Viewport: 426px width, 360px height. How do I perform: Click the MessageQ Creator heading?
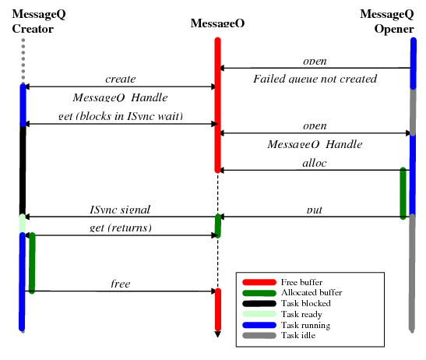pos(33,23)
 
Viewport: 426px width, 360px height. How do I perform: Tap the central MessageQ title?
pos(217,23)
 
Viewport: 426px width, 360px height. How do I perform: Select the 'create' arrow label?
pos(120,79)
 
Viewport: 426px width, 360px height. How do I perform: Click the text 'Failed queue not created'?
pos(315,79)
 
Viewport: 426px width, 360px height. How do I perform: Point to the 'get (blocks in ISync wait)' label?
pos(120,116)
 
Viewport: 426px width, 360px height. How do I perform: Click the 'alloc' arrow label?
pos(314,163)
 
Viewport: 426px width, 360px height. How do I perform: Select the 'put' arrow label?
pos(315,210)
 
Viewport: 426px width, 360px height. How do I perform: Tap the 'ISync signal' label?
pos(120,210)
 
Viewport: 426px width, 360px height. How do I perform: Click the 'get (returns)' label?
pos(120,228)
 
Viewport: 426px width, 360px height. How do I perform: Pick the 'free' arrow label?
pos(120,284)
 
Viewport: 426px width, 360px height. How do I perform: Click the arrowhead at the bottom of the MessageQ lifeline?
pos(217,335)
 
